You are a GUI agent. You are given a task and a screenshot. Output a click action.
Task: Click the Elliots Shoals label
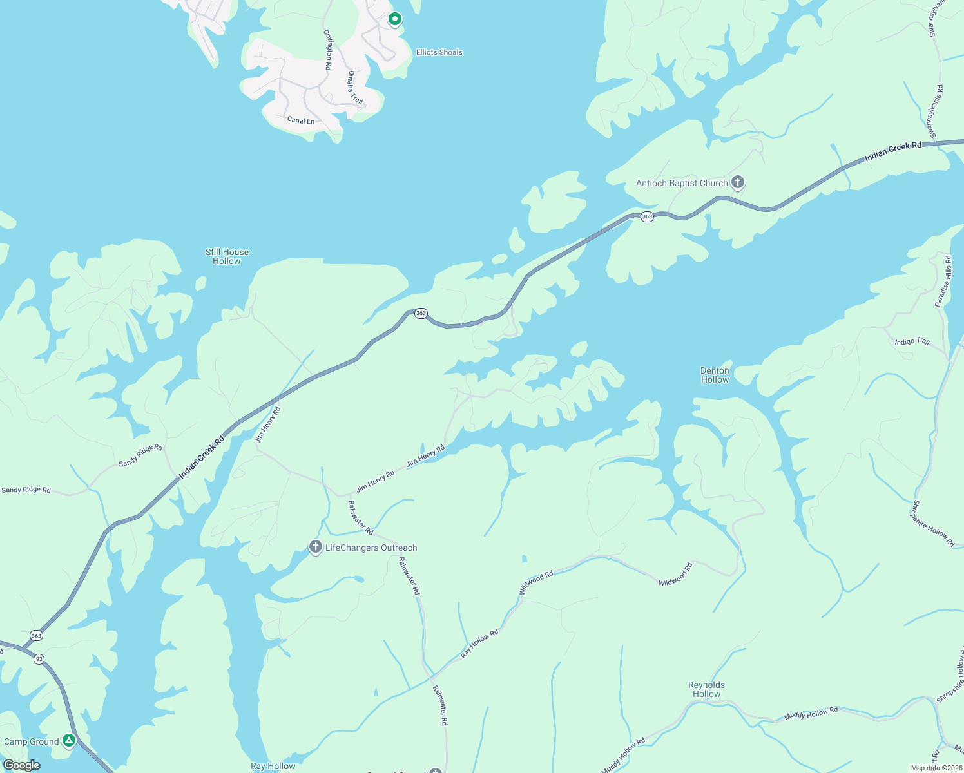pos(439,52)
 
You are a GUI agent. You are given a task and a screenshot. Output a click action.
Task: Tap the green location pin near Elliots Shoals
pos(395,19)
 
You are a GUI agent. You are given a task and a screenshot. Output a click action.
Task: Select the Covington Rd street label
pos(328,49)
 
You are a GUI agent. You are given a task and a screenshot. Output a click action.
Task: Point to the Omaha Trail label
pos(355,88)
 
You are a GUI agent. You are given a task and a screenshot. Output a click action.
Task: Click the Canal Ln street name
pos(301,120)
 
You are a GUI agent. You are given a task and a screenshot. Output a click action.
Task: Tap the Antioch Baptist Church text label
pos(682,184)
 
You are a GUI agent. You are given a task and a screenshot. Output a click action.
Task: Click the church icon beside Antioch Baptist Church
pos(738,183)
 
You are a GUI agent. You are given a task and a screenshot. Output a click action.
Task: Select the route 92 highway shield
pos(39,659)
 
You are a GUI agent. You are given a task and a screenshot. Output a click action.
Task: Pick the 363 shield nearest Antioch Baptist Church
pos(647,217)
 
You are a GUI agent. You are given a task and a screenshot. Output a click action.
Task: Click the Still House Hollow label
pos(227,256)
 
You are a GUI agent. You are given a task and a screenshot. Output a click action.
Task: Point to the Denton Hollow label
pos(715,375)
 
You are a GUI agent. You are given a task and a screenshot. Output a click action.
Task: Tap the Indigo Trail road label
pos(912,341)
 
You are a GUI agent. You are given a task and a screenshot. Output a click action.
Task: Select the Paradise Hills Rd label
pos(943,282)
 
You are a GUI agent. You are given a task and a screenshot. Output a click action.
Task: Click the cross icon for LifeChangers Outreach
pos(315,548)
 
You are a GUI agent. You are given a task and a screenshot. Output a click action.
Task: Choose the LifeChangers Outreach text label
pos(371,548)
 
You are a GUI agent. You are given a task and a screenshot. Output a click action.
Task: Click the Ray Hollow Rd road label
pos(479,644)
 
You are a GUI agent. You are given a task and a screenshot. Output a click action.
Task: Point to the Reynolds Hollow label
pos(706,689)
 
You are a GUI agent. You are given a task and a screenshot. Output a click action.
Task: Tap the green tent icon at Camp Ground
pos(69,741)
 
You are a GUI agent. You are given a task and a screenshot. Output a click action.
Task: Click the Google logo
pos(21,765)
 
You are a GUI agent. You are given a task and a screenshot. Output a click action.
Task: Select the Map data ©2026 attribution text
pos(936,768)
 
